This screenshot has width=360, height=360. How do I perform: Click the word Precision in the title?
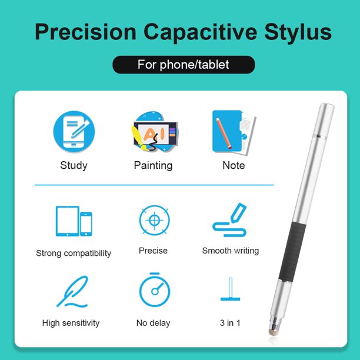[85, 32]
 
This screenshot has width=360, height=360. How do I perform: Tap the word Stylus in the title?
[298, 32]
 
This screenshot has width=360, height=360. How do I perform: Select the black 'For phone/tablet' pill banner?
[184, 65]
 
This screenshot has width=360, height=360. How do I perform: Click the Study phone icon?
[74, 132]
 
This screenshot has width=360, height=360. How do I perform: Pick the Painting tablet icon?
[155, 132]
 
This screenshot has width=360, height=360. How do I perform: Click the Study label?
[74, 165]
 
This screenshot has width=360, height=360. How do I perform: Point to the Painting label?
[153, 165]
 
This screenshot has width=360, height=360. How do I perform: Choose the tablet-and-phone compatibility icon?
[74, 221]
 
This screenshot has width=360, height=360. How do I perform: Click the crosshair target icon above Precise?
[155, 220]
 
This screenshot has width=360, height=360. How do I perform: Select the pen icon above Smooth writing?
[230, 220]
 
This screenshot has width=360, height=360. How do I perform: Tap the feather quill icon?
[72, 292]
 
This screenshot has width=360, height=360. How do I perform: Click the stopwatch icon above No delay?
[155, 290]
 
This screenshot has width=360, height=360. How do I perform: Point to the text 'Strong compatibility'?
[74, 254]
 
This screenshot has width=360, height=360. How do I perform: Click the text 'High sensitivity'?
[71, 323]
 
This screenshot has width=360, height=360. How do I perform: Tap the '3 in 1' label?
[230, 323]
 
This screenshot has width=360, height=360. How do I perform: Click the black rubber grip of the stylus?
[292, 252]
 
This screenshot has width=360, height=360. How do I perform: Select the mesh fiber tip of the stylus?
[274, 331]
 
